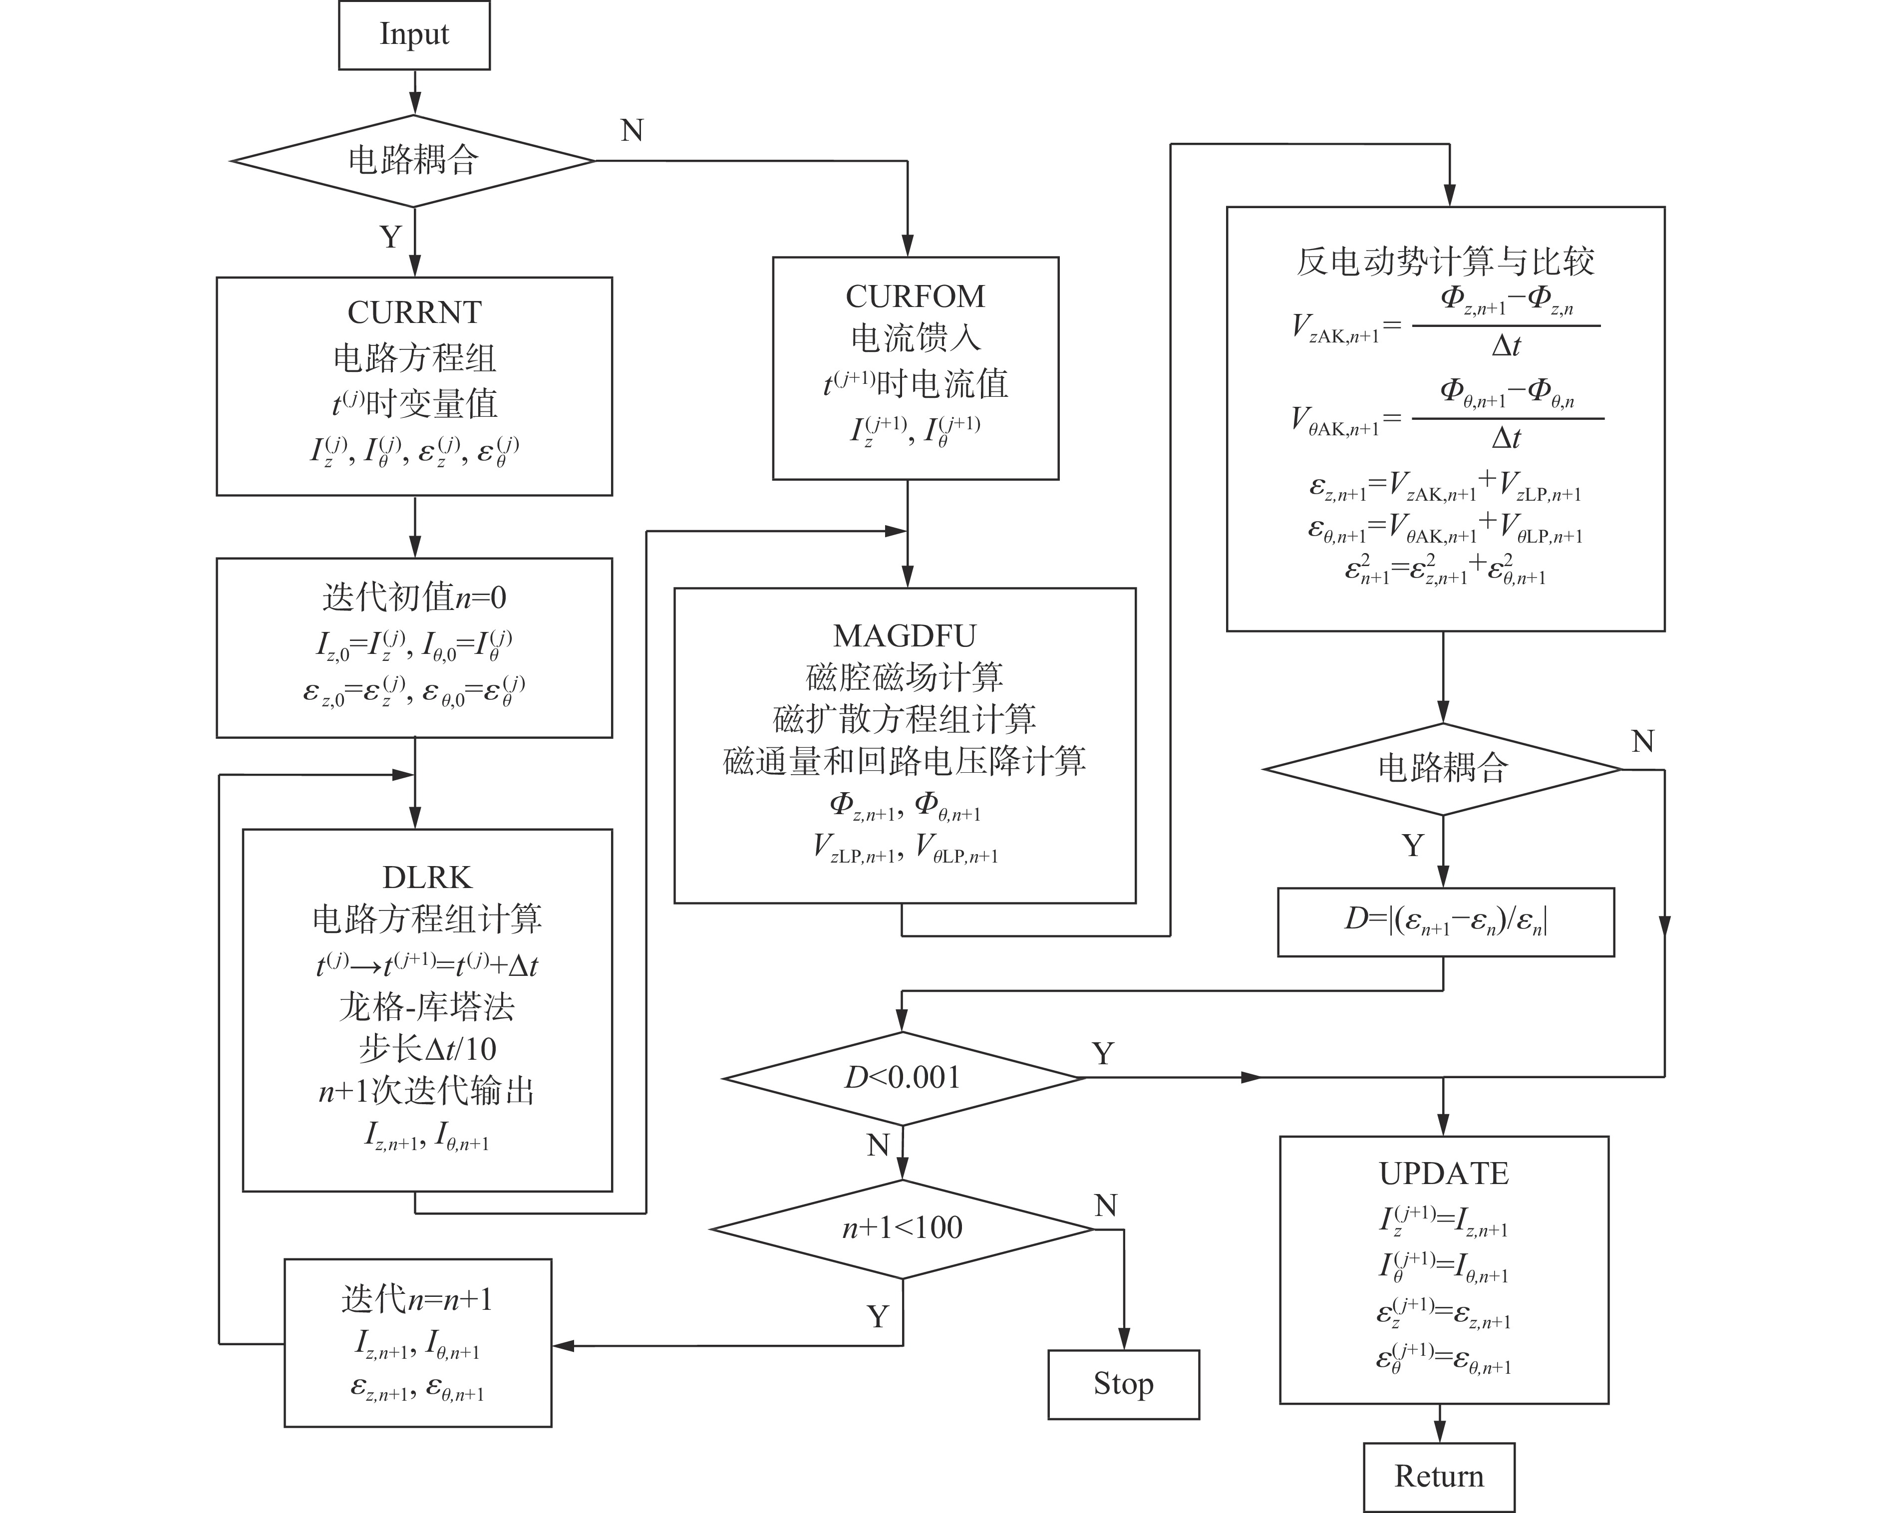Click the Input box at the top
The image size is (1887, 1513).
click(x=414, y=35)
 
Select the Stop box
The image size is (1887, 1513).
click(x=1123, y=1384)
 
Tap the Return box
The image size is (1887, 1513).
click(x=1438, y=1476)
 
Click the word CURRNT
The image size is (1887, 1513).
click(x=414, y=312)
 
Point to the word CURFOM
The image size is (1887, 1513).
click(x=915, y=297)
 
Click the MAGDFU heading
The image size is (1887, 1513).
click(x=904, y=635)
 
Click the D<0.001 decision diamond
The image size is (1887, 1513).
click(x=903, y=1077)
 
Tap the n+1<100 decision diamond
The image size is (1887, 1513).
click(x=903, y=1228)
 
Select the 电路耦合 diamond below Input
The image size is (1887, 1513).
click(x=413, y=160)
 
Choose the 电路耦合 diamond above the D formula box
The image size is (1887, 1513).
click(x=1442, y=768)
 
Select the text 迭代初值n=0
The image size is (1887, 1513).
click(x=414, y=598)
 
